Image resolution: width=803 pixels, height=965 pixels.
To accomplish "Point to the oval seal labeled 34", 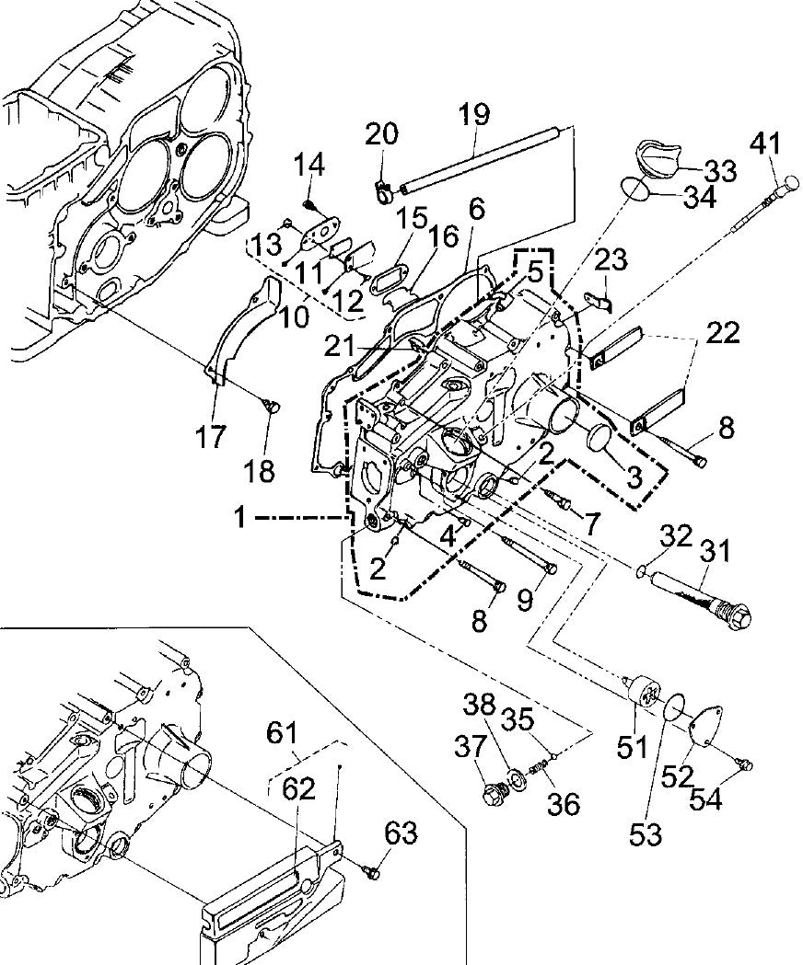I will (x=635, y=188).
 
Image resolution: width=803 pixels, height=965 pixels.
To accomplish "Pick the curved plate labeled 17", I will (x=235, y=331).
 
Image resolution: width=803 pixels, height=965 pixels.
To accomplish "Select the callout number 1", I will (x=239, y=519).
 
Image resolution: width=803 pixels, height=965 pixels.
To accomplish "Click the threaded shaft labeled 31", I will (x=700, y=592).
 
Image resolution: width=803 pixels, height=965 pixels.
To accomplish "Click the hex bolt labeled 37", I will (x=495, y=791).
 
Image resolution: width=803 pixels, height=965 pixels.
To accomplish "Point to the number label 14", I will (x=309, y=167).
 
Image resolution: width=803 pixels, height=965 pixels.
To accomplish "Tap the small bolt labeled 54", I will (x=747, y=763).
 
